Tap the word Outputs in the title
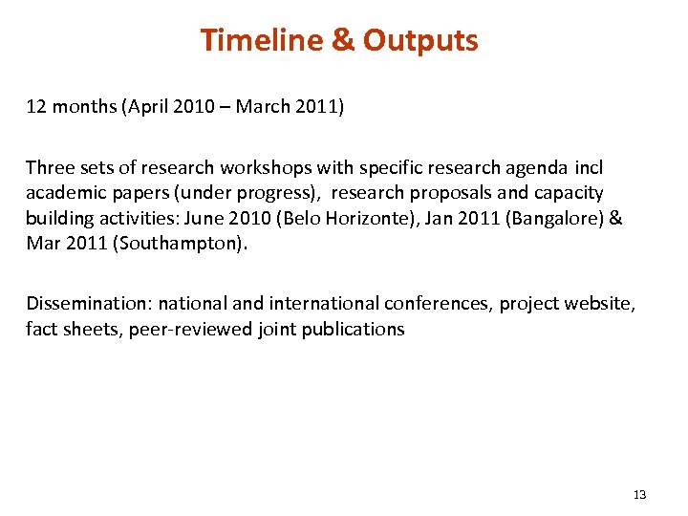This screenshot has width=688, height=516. pos(420,41)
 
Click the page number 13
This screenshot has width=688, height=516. pos(639,494)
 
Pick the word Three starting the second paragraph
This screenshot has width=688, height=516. pos(50,167)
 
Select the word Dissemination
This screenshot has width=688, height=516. pos(88,304)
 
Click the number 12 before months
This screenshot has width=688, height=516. pos(35,107)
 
